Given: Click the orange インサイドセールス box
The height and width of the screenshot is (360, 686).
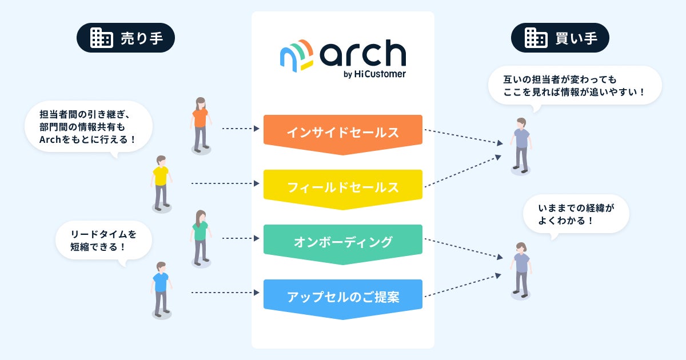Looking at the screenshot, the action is [342, 132].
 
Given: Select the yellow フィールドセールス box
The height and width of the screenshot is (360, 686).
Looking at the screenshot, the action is [342, 187].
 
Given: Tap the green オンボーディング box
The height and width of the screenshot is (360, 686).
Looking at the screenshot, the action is [342, 242].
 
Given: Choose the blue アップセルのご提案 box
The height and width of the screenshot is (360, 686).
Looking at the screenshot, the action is [342, 297].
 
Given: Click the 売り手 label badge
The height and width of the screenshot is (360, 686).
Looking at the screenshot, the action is [125, 38].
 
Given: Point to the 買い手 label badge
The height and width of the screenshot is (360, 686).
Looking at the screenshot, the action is [560, 38].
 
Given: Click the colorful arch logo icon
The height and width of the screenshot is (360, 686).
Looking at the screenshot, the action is [297, 54].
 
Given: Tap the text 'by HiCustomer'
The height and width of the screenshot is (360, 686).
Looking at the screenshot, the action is [375, 74].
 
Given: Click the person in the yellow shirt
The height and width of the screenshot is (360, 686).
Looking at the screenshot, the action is [161, 182].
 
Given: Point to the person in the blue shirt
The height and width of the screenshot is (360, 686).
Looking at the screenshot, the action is [161, 289].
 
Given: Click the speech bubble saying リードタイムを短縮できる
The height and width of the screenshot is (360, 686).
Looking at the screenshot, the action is [103, 241].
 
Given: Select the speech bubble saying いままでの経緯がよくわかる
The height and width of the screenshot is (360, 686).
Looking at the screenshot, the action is [576, 213].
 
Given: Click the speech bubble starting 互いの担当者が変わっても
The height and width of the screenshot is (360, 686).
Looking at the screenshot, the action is [574, 85].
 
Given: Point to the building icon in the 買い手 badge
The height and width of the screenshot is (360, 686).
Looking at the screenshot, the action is [536, 38].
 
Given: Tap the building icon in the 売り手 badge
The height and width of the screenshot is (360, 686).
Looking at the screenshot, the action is [101, 38].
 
